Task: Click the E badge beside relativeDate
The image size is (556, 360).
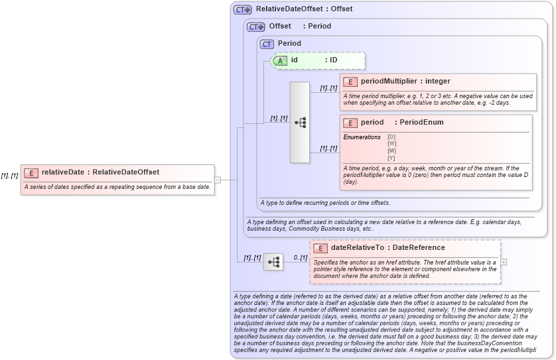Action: coord(31,172)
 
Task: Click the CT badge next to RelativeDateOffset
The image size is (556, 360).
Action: coord(242,10)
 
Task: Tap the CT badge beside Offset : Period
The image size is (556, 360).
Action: coord(255,27)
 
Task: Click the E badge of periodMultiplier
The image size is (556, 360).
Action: coord(350,82)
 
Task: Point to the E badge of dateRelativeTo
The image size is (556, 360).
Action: coord(320,249)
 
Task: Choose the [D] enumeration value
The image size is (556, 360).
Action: coord(391,137)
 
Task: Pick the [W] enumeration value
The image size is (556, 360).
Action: coord(391,143)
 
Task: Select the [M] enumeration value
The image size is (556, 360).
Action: coord(391,150)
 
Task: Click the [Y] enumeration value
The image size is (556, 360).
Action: coord(391,158)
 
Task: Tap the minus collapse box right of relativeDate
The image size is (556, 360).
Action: coord(217,179)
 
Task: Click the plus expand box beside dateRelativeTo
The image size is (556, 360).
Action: coord(504,262)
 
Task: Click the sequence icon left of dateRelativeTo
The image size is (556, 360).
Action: coord(273,263)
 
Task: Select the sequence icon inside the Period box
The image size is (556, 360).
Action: coord(300,123)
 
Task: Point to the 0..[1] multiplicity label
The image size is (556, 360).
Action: coord(301,257)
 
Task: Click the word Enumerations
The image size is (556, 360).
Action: coord(362,137)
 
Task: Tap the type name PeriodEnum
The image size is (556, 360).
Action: coord(421,123)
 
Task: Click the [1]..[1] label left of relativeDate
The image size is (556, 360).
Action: coord(9,176)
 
